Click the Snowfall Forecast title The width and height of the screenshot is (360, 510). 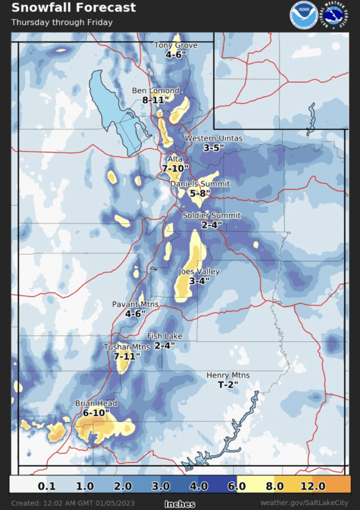[x=73, y=8]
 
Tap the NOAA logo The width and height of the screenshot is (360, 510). [x=303, y=15]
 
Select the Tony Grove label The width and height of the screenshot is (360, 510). [x=176, y=45]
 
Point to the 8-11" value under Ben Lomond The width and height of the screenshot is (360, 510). [x=156, y=100]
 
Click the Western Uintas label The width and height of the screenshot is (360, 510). [x=214, y=138]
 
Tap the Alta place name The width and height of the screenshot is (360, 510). [x=175, y=159]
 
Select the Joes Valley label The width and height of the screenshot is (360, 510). [x=199, y=272]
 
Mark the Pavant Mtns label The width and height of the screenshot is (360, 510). [x=128, y=304]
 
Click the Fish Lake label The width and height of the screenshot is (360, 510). [x=165, y=336]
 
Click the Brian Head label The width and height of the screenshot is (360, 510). [x=96, y=403]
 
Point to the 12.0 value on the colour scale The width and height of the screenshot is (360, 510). [x=313, y=486]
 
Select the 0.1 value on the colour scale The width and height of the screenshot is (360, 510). [x=48, y=486]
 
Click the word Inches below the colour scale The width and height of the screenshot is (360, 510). [x=180, y=504]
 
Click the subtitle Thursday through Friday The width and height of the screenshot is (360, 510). [x=62, y=22]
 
